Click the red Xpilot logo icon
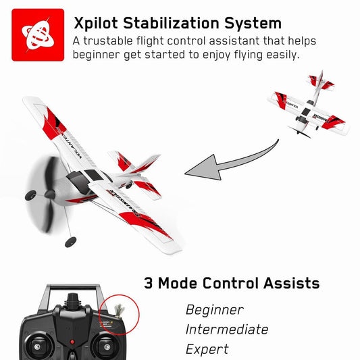click(38, 34)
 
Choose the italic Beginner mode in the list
click(214, 310)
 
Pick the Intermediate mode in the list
click(226, 330)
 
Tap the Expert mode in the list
click(207, 349)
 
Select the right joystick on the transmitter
click(104, 346)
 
